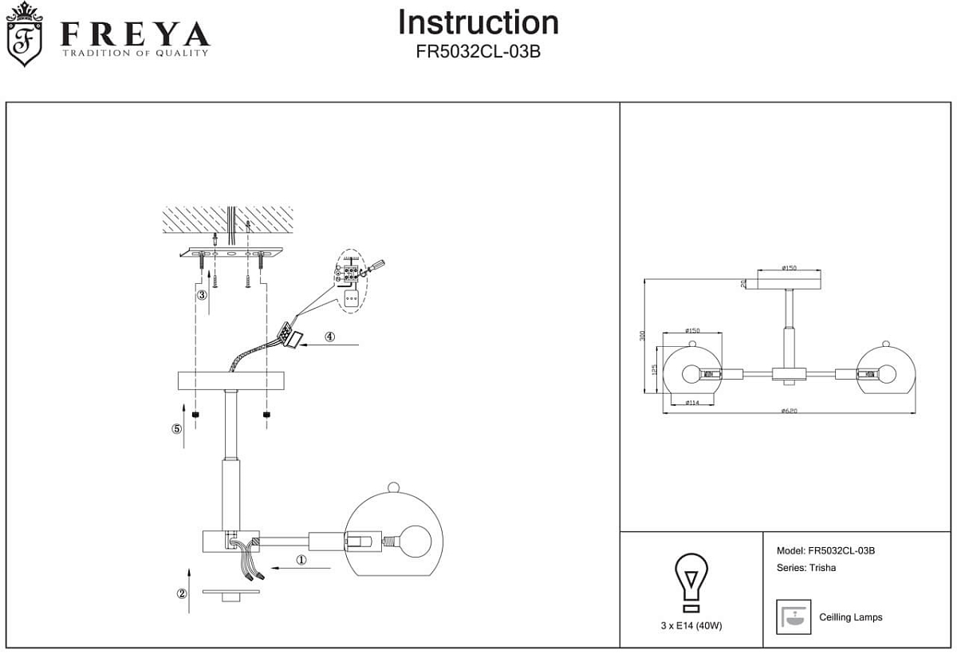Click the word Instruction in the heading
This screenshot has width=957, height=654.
tap(478, 22)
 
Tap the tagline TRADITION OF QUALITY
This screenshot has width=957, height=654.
tap(136, 53)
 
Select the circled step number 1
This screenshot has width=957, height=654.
tap(301, 560)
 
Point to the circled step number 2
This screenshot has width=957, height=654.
tap(182, 593)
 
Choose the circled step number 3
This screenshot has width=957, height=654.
tap(203, 294)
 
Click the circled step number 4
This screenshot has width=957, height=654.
tap(330, 337)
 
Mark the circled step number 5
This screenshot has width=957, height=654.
tap(177, 428)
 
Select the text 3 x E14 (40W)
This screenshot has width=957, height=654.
tap(691, 626)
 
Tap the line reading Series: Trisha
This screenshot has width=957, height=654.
tap(805, 569)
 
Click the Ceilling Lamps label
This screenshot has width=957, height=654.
tap(850, 617)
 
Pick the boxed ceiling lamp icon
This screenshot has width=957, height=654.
tap(793, 617)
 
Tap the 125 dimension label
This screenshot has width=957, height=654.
tap(654, 370)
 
